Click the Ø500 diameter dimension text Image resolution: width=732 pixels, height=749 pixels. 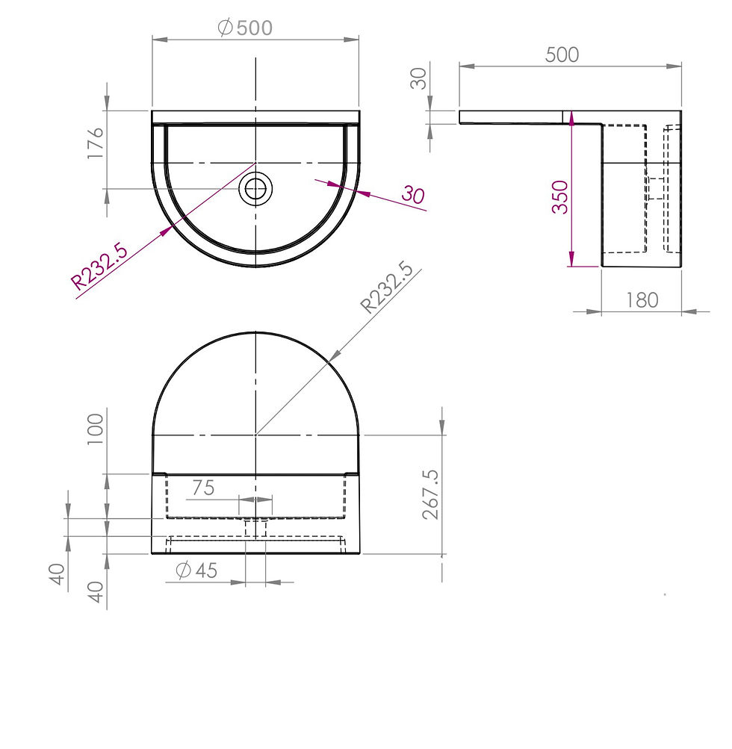coord(245,28)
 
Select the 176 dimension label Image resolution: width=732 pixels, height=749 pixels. coord(96,143)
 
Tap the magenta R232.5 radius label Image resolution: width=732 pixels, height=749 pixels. coord(99,267)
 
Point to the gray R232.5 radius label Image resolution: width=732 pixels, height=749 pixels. coord(387,287)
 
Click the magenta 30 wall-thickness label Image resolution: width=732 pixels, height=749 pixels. coord(413,194)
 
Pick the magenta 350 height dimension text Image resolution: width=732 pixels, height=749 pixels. coord(560,197)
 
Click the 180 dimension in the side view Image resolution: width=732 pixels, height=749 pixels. coord(642,300)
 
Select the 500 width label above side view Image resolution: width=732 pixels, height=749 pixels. coord(562,55)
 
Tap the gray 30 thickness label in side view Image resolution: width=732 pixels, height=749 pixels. coord(418,78)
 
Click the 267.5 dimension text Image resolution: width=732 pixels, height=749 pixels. coord(430,494)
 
